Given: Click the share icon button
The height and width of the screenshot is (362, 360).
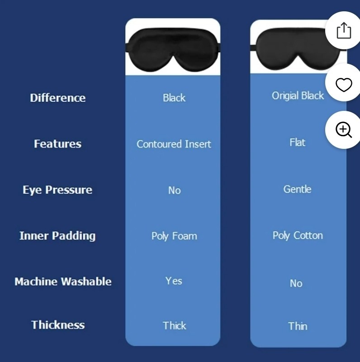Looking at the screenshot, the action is click(x=344, y=31).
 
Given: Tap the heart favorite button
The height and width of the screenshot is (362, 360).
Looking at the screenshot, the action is click(x=344, y=85).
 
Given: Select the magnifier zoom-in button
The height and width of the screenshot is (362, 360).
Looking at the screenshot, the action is click(x=344, y=130).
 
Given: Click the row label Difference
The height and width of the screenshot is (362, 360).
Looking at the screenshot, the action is click(x=57, y=98).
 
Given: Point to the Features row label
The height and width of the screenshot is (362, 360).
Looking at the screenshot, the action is click(x=57, y=144).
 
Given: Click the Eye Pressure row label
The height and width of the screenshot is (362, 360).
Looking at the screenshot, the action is click(x=57, y=190).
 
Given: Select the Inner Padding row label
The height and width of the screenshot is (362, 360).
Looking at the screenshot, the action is click(x=57, y=236).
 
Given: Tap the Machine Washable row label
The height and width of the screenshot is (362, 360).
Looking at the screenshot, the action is click(x=63, y=281).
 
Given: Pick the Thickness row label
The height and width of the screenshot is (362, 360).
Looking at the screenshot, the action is click(x=58, y=325).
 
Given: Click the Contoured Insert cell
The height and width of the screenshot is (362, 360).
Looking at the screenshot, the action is click(x=174, y=144).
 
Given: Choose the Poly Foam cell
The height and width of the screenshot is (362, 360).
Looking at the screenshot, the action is click(x=174, y=236).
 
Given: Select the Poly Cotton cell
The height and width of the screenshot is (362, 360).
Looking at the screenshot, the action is click(x=298, y=236).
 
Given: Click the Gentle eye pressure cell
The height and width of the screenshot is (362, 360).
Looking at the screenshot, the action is click(x=297, y=189).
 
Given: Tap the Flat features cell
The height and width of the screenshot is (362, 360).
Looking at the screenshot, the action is click(x=297, y=143).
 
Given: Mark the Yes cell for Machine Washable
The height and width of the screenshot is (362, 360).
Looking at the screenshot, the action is click(x=174, y=281).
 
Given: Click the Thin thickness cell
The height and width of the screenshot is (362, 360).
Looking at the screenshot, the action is click(x=297, y=326).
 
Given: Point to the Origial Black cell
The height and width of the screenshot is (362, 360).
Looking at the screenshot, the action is click(x=298, y=96).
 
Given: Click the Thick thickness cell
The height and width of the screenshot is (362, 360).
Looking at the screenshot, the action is click(x=174, y=325).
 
